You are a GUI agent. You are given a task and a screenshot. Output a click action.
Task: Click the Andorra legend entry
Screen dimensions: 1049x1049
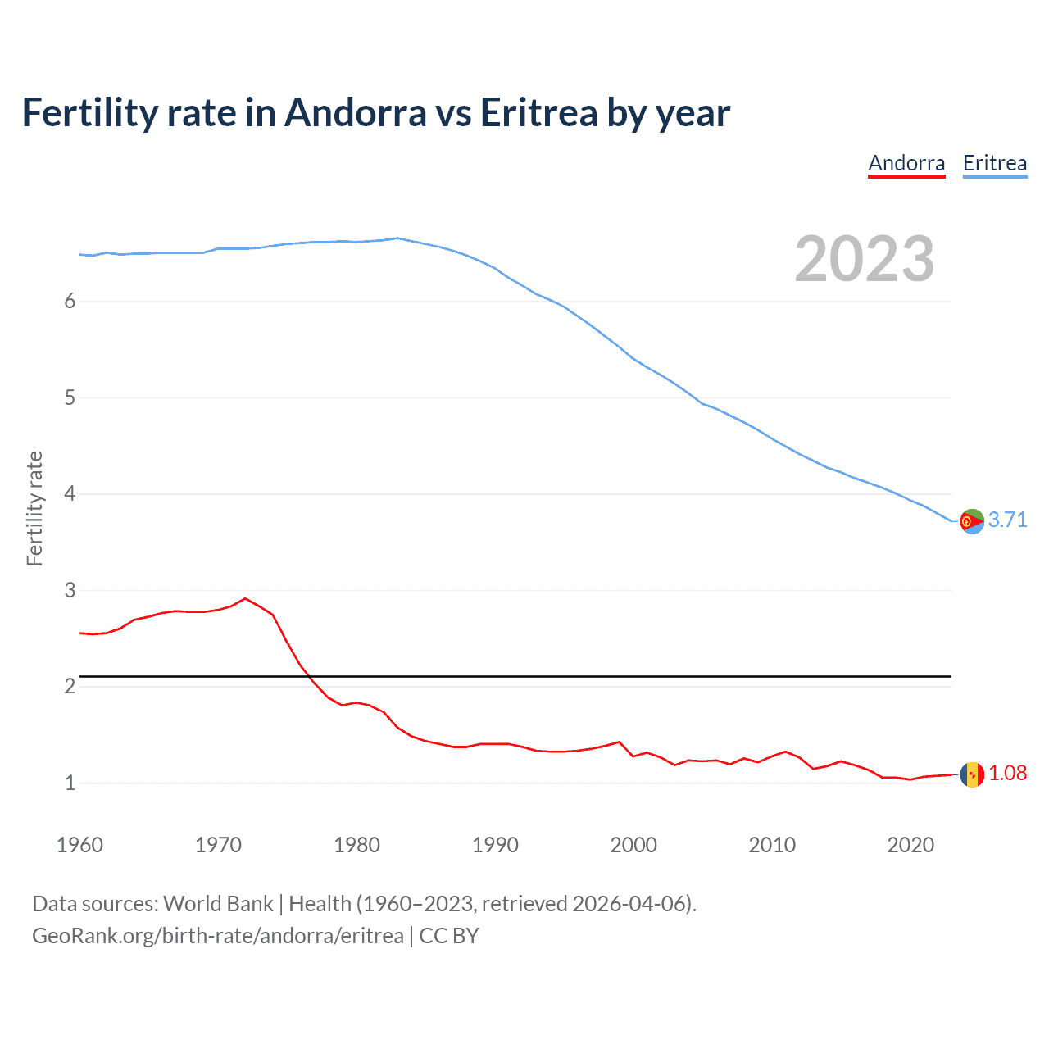[x=906, y=163]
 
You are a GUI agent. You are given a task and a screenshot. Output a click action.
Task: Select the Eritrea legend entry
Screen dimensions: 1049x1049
[x=994, y=163]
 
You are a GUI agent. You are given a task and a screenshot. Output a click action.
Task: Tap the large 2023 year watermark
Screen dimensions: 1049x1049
[x=864, y=259]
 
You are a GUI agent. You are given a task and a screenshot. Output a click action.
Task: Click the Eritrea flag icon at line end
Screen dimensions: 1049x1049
[x=972, y=521]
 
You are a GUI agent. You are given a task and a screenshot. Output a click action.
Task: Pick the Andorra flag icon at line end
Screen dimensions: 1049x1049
[x=972, y=774]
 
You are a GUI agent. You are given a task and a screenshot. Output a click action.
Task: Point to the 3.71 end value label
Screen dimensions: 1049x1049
[x=1007, y=520]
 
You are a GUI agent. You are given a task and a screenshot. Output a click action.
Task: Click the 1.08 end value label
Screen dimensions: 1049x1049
[x=1007, y=773]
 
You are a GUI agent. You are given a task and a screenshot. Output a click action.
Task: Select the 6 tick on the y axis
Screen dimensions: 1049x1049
[x=70, y=301]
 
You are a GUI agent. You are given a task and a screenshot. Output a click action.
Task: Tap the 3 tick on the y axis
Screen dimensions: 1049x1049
[x=70, y=590]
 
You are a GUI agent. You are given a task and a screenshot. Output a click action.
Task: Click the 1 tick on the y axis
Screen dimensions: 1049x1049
[x=70, y=783]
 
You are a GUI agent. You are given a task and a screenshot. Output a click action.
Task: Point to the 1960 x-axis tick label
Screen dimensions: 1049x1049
[x=79, y=845]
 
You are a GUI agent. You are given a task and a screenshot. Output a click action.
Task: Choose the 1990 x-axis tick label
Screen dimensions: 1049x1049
[x=495, y=845]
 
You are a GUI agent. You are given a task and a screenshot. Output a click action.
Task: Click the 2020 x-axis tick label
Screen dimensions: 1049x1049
[x=910, y=845]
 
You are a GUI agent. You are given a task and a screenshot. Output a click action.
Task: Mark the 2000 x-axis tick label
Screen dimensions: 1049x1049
[x=633, y=845]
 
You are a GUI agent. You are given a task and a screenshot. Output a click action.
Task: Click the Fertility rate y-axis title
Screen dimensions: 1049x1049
[x=34, y=508]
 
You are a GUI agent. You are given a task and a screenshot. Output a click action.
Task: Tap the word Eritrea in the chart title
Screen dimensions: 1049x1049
[x=538, y=113]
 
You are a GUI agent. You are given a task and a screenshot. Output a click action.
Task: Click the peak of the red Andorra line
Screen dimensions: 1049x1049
[x=245, y=598]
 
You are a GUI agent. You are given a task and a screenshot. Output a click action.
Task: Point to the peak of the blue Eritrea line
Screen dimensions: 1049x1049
[x=397, y=238]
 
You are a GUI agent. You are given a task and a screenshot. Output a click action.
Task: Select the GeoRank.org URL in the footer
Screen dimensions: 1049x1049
[x=218, y=936]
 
